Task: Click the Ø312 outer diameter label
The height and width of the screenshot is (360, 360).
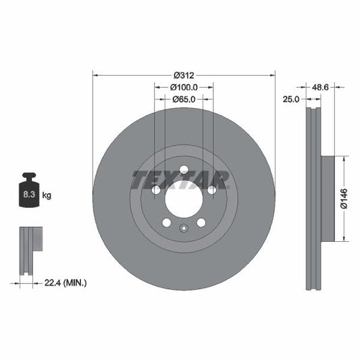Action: pos(184,75)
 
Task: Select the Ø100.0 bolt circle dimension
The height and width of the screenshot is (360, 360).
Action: pos(184,87)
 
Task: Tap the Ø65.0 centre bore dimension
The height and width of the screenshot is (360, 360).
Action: pos(184,99)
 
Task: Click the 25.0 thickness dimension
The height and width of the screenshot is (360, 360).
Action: pos(291,99)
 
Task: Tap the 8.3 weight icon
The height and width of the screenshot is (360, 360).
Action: pos(29,195)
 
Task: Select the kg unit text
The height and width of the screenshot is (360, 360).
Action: pos(47,195)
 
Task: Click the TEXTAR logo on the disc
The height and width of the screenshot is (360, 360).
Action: pos(180,180)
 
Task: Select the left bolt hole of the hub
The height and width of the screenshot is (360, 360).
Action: pos(157,190)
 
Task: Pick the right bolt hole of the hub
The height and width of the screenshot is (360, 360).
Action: pos(211,190)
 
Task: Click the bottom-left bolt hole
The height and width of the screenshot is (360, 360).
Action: pos(167,222)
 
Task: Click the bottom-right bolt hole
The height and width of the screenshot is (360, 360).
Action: pos(201,222)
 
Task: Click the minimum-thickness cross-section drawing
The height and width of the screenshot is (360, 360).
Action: pos(28,251)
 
